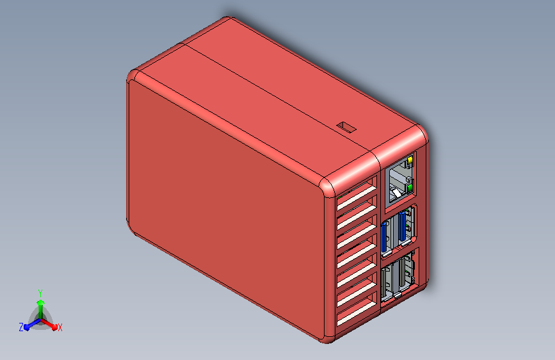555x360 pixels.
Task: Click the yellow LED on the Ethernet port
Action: tap(410, 160)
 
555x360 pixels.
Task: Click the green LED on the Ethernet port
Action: tap(410, 188)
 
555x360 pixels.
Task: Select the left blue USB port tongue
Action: tap(383, 237)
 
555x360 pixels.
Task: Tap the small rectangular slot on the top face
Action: tap(346, 126)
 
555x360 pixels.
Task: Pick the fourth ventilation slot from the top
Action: tap(357, 254)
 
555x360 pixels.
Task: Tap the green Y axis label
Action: tap(40, 293)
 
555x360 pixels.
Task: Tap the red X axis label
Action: tap(60, 327)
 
